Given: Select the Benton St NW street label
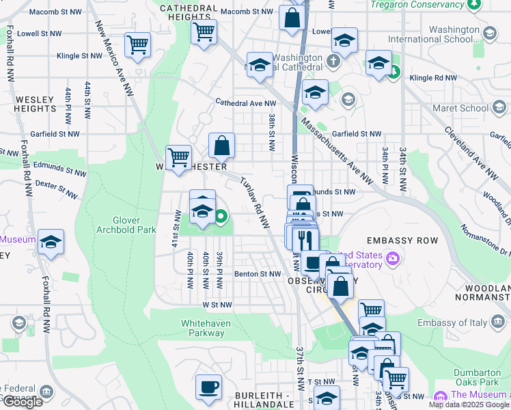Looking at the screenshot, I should (258, 274).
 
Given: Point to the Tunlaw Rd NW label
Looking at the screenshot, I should (253, 203).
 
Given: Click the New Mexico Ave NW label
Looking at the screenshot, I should (114, 57).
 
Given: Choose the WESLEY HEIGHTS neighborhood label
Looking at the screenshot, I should (34, 104).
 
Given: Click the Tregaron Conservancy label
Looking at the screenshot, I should (417, 5).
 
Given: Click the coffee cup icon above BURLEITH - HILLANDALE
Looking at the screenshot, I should (208, 387).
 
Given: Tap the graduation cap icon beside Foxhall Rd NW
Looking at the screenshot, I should (51, 243).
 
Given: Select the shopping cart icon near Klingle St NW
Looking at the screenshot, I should (137, 46).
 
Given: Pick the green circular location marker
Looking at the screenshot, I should (221, 218).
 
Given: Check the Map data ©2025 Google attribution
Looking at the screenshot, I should (458, 405).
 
